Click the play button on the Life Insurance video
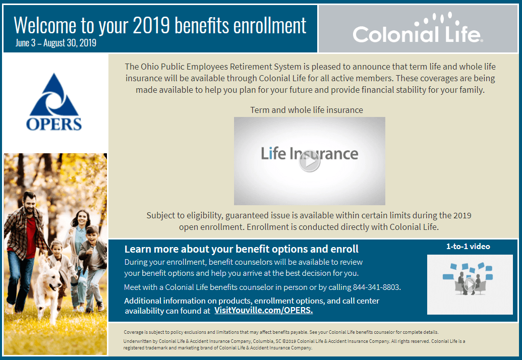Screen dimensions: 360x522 click(x=309, y=162)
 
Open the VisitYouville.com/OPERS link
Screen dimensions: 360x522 click(x=263, y=310)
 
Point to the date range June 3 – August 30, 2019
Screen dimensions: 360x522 click(x=55, y=43)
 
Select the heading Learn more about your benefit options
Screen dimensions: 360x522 click(x=241, y=249)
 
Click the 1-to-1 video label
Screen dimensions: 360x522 click(x=468, y=247)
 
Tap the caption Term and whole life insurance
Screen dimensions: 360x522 click(x=306, y=110)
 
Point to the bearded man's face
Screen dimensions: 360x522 click(x=30, y=202)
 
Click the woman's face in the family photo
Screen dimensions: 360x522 click(x=80, y=220)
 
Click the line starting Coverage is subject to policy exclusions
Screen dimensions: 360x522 click(x=281, y=332)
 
